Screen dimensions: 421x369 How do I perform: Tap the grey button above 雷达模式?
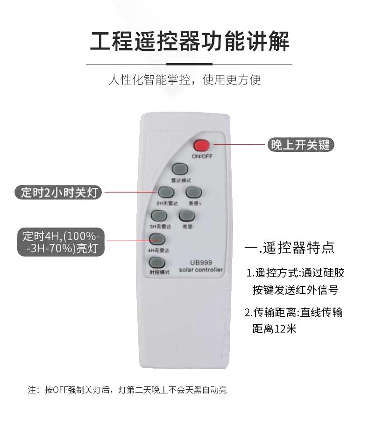[x=179, y=169]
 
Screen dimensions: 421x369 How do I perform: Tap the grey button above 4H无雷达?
[x=157, y=239]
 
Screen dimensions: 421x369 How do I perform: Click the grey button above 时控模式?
[x=157, y=263]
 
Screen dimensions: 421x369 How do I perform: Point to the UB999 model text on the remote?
[x=201, y=263]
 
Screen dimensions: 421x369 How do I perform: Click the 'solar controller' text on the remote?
[x=201, y=270]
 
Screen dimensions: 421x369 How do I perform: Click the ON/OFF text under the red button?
[x=202, y=156]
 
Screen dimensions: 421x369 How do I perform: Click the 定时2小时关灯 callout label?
[x=61, y=192]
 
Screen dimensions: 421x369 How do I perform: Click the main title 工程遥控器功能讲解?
[x=190, y=41]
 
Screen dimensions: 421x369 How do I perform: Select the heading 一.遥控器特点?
[x=290, y=247]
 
